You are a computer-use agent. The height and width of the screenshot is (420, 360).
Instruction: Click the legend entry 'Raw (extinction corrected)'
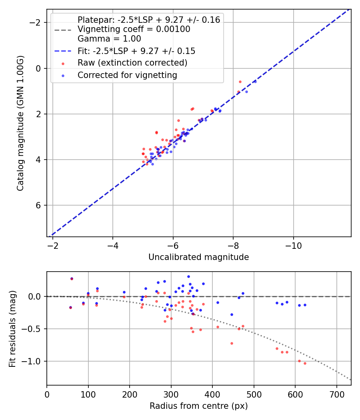point(132,63)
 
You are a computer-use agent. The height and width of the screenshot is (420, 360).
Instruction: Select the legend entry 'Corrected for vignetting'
point(127,75)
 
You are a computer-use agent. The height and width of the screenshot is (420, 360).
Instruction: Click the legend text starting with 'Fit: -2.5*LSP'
point(136,51)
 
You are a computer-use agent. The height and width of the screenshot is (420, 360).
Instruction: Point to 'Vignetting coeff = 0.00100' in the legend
point(134,29)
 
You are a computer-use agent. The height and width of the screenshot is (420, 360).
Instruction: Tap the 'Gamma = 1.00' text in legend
point(109,39)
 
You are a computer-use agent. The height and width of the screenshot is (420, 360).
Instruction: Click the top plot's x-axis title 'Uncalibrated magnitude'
point(199,257)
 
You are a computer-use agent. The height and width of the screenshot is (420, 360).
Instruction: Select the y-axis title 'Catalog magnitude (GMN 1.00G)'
point(21,123)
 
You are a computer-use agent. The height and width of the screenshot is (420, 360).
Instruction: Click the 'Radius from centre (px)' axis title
point(199,406)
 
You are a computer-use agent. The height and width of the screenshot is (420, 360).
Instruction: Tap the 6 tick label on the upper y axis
point(39,206)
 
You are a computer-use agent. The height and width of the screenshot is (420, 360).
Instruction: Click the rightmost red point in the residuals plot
point(305,363)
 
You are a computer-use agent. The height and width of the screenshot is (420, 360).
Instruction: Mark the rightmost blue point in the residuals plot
point(305,305)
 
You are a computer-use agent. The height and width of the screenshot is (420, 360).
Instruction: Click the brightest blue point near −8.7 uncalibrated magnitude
point(255,81)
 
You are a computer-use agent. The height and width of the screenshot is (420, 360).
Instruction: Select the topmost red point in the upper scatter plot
point(240,82)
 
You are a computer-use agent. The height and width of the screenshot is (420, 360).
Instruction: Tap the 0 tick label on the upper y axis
point(39,68)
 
